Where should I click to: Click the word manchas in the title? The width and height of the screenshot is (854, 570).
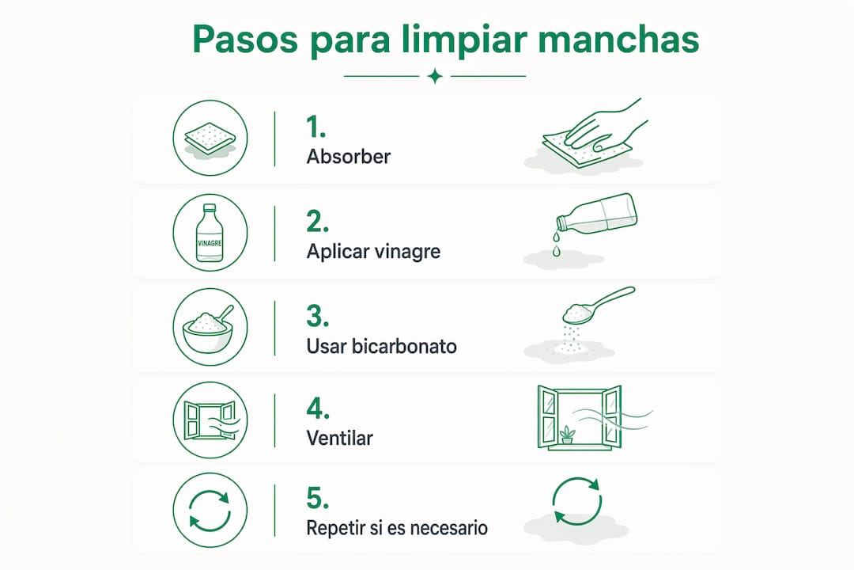[x=618, y=40]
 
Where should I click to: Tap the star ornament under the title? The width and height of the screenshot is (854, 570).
[x=435, y=76]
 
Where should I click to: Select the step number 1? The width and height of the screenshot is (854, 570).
[x=316, y=127]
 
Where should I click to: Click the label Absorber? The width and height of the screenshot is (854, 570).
[x=349, y=157]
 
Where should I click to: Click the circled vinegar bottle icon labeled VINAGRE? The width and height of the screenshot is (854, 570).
[x=210, y=233]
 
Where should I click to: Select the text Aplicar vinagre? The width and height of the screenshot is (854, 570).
[x=373, y=252]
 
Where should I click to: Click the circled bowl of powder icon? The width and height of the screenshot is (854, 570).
[x=210, y=327]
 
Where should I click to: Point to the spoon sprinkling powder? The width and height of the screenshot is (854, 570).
[x=598, y=305]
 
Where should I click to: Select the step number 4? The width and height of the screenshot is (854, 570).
[x=318, y=408]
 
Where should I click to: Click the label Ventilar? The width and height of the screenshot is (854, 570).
[x=340, y=438]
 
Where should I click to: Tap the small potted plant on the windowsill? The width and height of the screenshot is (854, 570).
[x=567, y=435]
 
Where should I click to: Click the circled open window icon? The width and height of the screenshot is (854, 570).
[x=210, y=420]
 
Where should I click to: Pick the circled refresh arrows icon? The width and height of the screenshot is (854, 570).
[x=210, y=510]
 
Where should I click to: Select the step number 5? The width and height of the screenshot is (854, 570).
[x=318, y=498]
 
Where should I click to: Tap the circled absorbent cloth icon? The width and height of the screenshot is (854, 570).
[x=210, y=138]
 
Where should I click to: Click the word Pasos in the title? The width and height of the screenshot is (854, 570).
[x=245, y=40]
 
